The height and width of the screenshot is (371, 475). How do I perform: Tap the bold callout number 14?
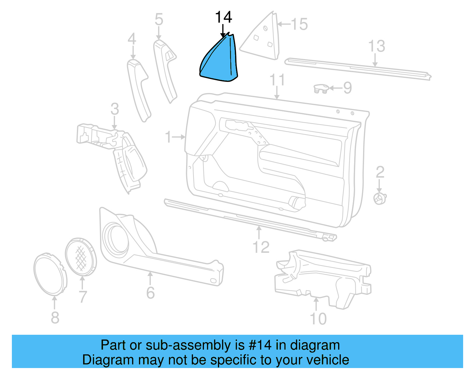tap(223, 18)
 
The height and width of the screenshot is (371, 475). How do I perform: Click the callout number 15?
tap(299, 24)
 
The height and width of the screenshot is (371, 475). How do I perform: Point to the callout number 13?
tap(376, 46)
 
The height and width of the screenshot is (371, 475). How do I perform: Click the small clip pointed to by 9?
tap(321, 89)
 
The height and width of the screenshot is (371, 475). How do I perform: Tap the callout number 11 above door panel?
tap(277, 80)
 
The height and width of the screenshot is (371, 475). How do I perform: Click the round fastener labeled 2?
tap(380, 198)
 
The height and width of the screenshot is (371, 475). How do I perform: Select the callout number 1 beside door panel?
tap(168, 137)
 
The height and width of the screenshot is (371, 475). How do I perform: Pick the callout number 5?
tap(159, 20)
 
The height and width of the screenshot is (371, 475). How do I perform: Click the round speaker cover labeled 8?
tap(50, 274)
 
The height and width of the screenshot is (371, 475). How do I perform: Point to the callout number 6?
tap(151, 293)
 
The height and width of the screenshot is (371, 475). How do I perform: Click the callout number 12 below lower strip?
tap(261, 247)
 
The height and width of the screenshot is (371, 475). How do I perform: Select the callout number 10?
tap(318, 319)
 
